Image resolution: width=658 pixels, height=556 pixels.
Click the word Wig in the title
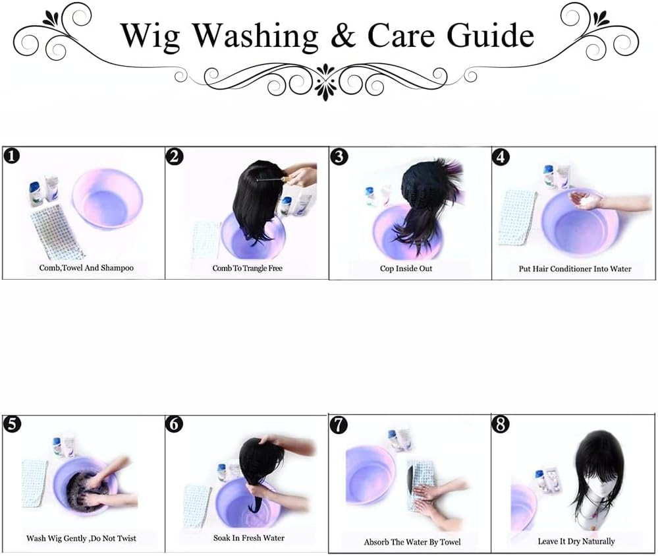(x=151, y=36)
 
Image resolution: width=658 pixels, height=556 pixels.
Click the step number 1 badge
(x=11, y=156)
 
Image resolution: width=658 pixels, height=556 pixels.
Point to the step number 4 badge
(x=500, y=157)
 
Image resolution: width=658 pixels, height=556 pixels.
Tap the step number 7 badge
(x=339, y=425)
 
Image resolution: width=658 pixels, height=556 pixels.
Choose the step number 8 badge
(x=500, y=425)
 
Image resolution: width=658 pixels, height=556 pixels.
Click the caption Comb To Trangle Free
(x=247, y=268)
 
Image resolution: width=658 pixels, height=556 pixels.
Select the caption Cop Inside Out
(x=406, y=268)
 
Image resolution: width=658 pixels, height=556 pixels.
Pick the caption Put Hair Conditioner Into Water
(x=574, y=269)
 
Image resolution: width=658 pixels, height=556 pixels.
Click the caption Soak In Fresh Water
(x=248, y=538)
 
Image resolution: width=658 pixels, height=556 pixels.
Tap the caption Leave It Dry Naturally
(x=576, y=541)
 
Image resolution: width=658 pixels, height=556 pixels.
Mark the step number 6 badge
(x=174, y=425)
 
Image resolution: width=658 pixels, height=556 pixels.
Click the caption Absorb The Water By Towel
(x=412, y=542)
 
